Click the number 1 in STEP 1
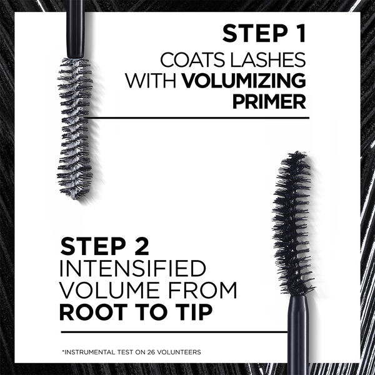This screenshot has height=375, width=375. click(x=297, y=34)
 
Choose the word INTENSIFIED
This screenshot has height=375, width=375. click(x=132, y=269)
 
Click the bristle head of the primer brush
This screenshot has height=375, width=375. click(x=74, y=128)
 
